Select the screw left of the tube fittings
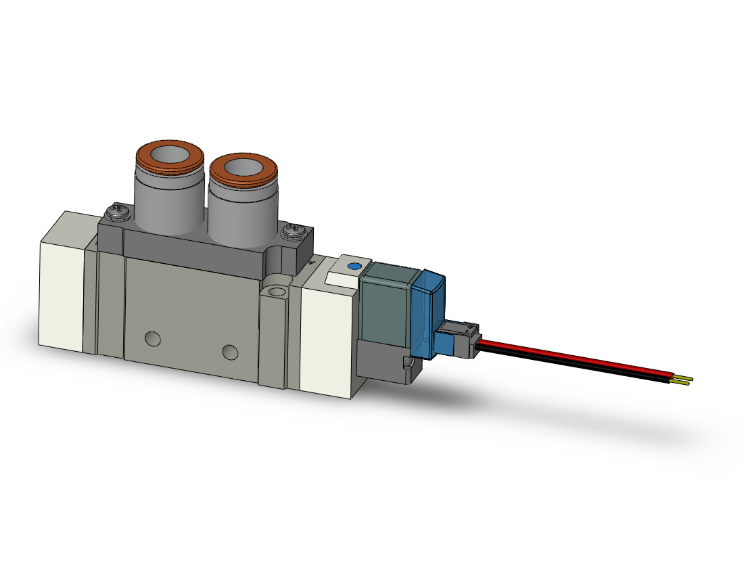pyautogui.click(x=117, y=212)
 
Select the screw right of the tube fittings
pyautogui.click(x=294, y=234)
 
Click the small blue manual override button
pyautogui.click(x=350, y=266)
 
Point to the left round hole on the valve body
pyautogui.click(x=152, y=337)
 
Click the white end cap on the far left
pyautogui.click(x=63, y=291)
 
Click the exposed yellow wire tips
pyautogui.click(x=684, y=380)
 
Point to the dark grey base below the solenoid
pyautogui.click(x=384, y=363)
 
